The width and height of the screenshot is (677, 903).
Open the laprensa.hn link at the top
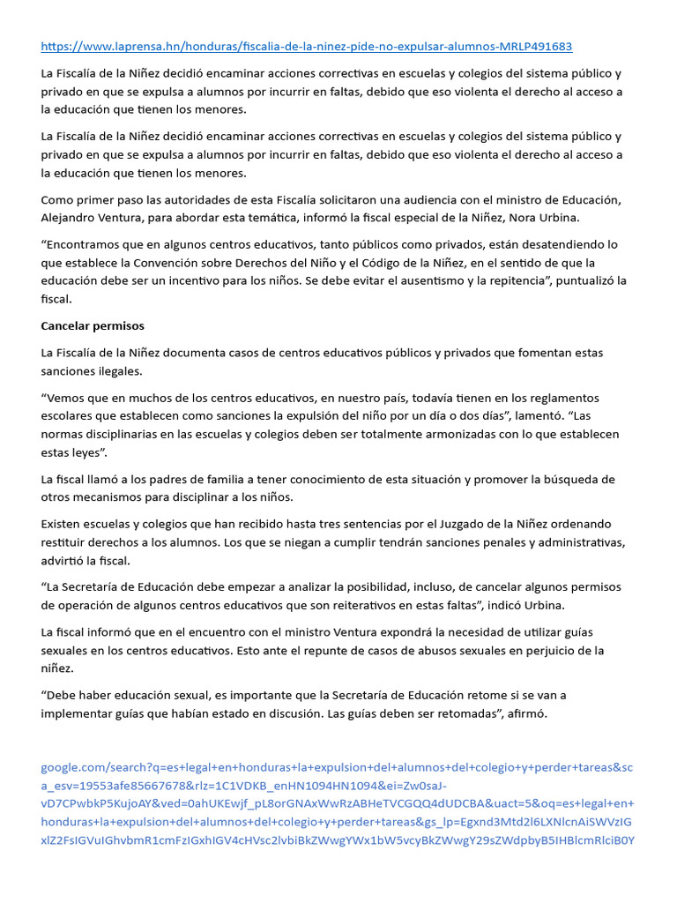tap(307, 46)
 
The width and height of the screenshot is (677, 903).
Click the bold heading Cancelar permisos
tap(93, 325)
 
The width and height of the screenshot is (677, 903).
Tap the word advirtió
tap(65, 560)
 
